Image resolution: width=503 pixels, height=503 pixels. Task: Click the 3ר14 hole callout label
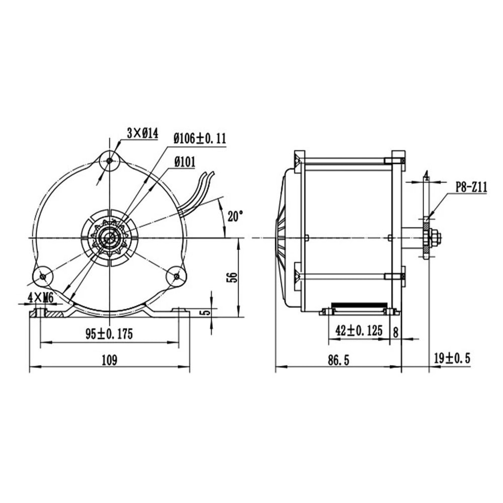pyautogui.click(x=142, y=133)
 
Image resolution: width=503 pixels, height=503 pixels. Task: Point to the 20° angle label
pyautogui.click(x=234, y=216)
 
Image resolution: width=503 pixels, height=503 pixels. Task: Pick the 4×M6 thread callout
pyautogui.click(x=41, y=298)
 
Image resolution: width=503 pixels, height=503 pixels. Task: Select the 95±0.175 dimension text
pyautogui.click(x=109, y=334)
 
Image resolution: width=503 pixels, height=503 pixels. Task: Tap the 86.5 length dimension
pyautogui.click(x=338, y=360)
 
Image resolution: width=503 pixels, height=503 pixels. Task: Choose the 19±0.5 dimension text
pyautogui.click(x=452, y=358)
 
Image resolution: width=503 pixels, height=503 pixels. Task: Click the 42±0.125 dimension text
pyautogui.click(x=359, y=330)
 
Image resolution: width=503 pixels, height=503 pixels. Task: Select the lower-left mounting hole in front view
pyautogui.click(x=42, y=276)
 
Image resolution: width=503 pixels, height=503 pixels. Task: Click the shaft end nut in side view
pyautogui.click(x=435, y=237)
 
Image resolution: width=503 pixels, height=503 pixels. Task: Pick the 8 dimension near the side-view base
pyautogui.click(x=395, y=331)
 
